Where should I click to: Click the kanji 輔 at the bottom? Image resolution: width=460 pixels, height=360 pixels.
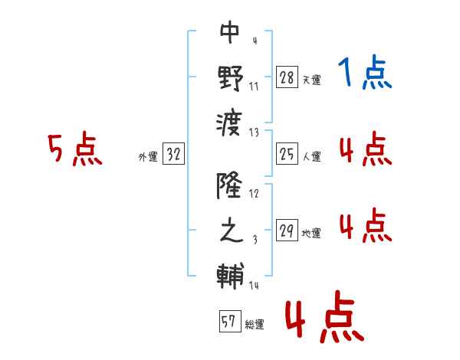click(230, 273)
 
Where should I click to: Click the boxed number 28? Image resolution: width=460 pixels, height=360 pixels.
click(287, 77)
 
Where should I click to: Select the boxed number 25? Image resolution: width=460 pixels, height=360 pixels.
click(287, 155)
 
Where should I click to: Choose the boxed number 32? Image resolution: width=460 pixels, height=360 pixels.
click(173, 155)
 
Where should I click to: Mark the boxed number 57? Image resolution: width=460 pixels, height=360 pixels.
click(229, 322)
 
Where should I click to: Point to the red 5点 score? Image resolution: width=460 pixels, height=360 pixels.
click(74, 150)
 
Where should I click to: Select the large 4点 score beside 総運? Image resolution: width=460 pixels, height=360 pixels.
click(324, 320)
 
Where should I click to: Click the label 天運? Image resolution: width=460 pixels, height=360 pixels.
click(311, 79)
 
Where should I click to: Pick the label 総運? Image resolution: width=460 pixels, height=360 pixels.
click(255, 324)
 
